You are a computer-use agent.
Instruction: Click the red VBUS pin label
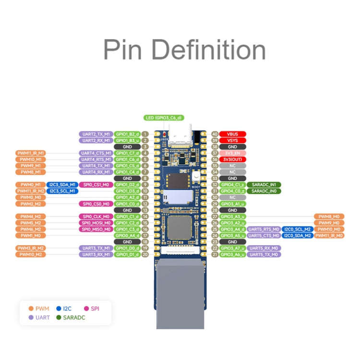tap(233, 134)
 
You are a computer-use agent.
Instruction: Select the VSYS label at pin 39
tap(233, 140)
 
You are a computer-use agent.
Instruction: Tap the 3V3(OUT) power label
tap(233, 159)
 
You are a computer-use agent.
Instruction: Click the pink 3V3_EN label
tap(233, 153)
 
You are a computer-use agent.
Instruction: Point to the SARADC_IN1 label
tap(264, 185)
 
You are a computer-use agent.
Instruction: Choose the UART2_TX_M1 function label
tap(96, 134)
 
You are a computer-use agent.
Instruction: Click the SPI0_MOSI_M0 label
tap(96, 223)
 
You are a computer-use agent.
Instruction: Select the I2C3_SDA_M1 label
tap(62, 185)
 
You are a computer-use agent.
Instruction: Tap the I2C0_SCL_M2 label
tap(297, 229)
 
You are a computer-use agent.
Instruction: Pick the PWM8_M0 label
tap(329, 216)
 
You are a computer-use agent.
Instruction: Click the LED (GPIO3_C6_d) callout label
tap(164, 118)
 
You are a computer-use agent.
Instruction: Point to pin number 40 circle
tap(215, 134)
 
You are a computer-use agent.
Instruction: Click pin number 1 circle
tap(144, 134)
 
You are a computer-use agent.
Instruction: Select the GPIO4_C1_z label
tap(233, 185)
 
